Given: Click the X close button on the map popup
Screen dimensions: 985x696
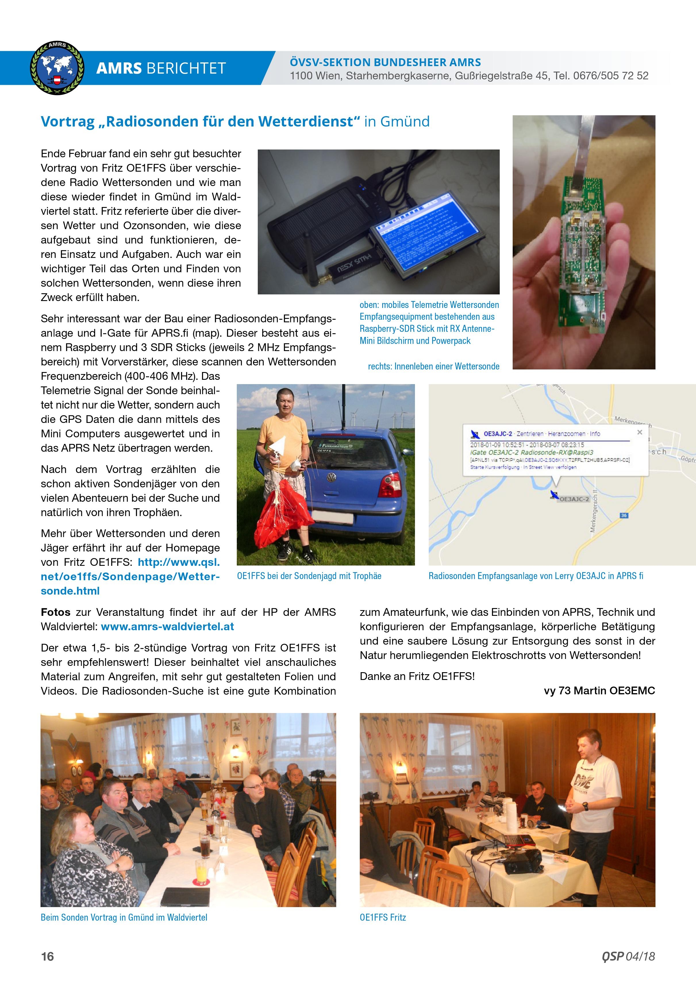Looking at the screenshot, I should click(x=639, y=432).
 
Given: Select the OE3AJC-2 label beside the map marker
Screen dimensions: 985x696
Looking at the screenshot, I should click(x=574, y=499).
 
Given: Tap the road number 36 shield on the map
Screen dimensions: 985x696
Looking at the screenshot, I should click(x=624, y=515).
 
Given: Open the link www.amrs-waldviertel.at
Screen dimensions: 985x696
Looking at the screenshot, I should click(x=168, y=627).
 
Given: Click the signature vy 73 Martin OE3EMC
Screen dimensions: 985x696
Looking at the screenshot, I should click(x=599, y=691).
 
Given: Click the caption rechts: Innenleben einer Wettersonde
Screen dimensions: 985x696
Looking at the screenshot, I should click(x=434, y=366).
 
